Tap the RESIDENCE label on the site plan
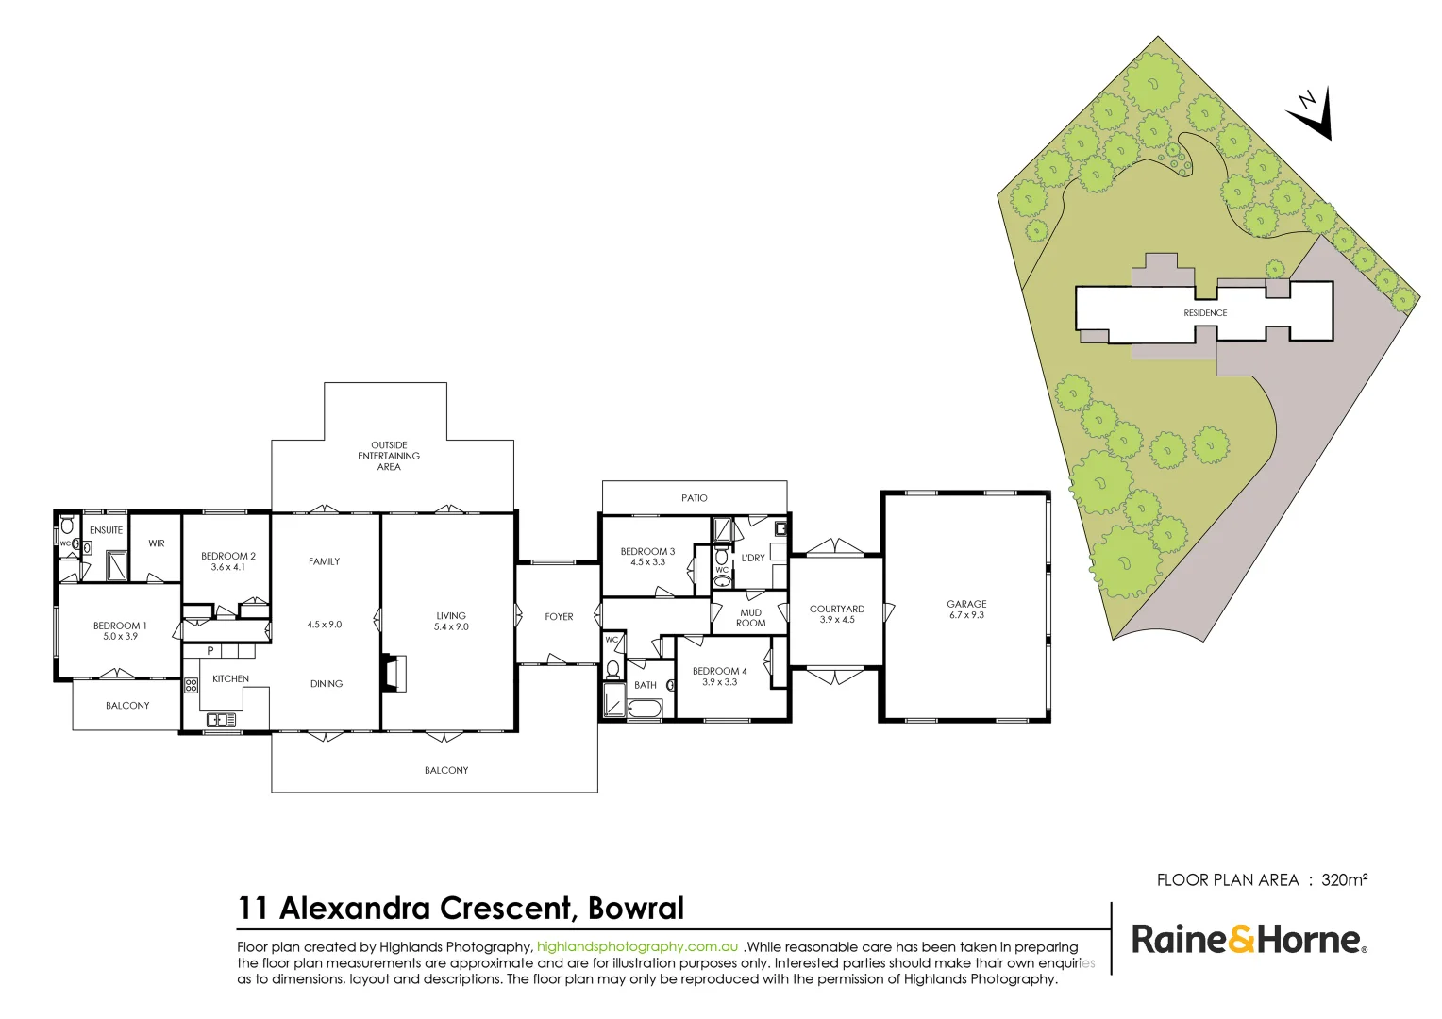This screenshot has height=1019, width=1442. [1205, 313]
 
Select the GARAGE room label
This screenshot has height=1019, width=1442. [966, 604]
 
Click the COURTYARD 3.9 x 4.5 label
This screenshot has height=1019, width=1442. [837, 614]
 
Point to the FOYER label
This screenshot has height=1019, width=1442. [559, 617]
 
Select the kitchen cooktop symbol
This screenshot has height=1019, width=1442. [191, 686]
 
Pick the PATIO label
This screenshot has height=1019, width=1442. [695, 498]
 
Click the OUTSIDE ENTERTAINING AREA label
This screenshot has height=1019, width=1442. [389, 456]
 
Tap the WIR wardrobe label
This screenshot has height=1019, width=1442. [157, 543]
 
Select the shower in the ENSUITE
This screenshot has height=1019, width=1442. [117, 565]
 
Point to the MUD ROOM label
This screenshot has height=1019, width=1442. [751, 618]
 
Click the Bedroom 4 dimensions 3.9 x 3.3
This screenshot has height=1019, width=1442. [719, 682]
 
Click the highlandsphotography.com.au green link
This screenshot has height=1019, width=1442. [637, 947]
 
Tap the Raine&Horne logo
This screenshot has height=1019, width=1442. [1249, 940]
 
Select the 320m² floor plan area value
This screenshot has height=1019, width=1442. [1344, 880]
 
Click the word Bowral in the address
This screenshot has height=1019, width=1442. [635, 909]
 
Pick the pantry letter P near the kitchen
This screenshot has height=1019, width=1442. [210, 651]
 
